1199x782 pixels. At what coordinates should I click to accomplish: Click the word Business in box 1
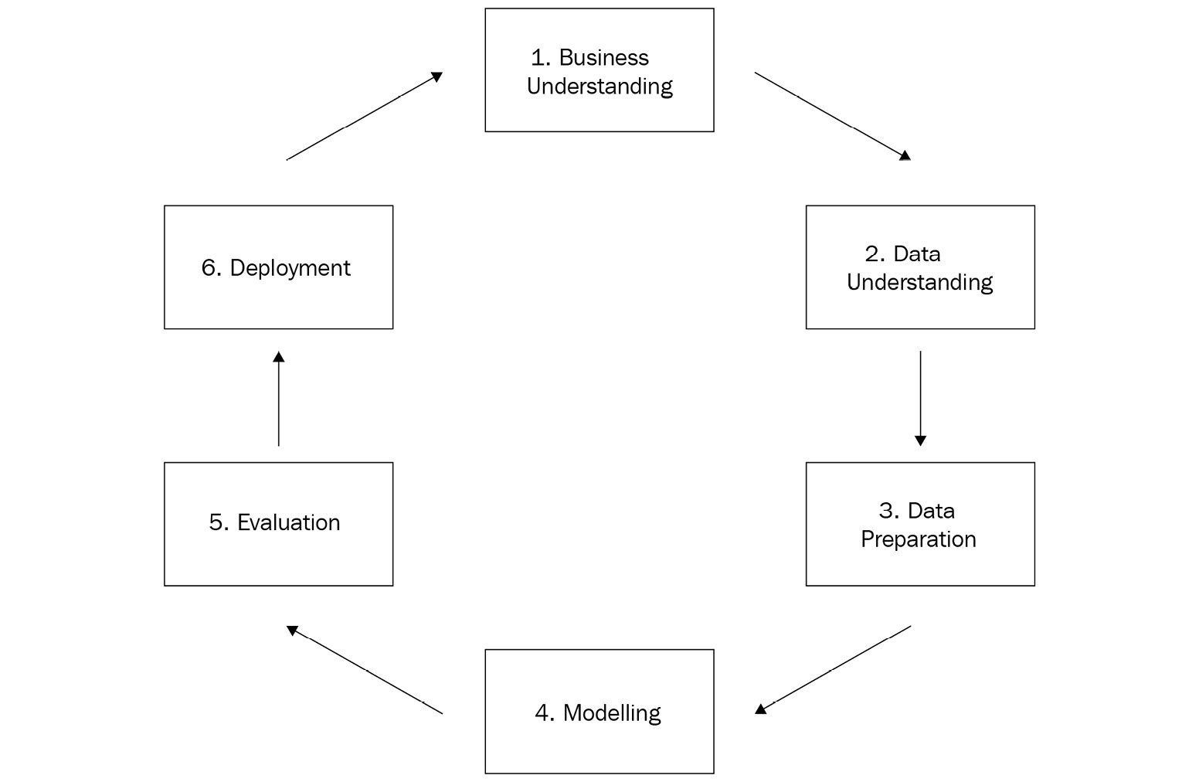(604, 58)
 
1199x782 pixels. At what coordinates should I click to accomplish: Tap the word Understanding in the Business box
(599, 87)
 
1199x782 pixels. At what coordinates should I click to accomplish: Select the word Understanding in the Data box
(919, 283)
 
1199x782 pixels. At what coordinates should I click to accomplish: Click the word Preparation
(919, 540)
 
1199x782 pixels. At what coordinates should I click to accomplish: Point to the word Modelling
(612, 713)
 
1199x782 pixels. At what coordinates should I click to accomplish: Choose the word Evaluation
(288, 523)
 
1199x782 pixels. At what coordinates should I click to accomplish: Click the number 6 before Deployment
(209, 267)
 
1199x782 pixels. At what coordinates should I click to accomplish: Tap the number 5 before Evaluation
(217, 523)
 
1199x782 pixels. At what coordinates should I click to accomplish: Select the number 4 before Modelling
(543, 713)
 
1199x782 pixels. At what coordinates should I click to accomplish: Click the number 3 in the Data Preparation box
(887, 512)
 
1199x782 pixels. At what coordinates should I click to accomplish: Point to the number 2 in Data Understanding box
(873, 254)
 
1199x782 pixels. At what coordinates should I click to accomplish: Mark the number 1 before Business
(538, 58)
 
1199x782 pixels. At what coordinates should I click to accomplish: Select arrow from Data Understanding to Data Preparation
(921, 398)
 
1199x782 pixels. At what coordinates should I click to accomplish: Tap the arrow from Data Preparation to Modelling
(833, 670)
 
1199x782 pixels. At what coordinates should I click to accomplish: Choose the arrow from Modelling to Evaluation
(365, 670)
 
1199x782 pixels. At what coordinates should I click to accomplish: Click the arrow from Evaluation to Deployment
(279, 398)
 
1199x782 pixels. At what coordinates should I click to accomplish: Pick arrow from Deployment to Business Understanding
(365, 116)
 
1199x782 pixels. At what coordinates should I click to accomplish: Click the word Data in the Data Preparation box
(932, 512)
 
